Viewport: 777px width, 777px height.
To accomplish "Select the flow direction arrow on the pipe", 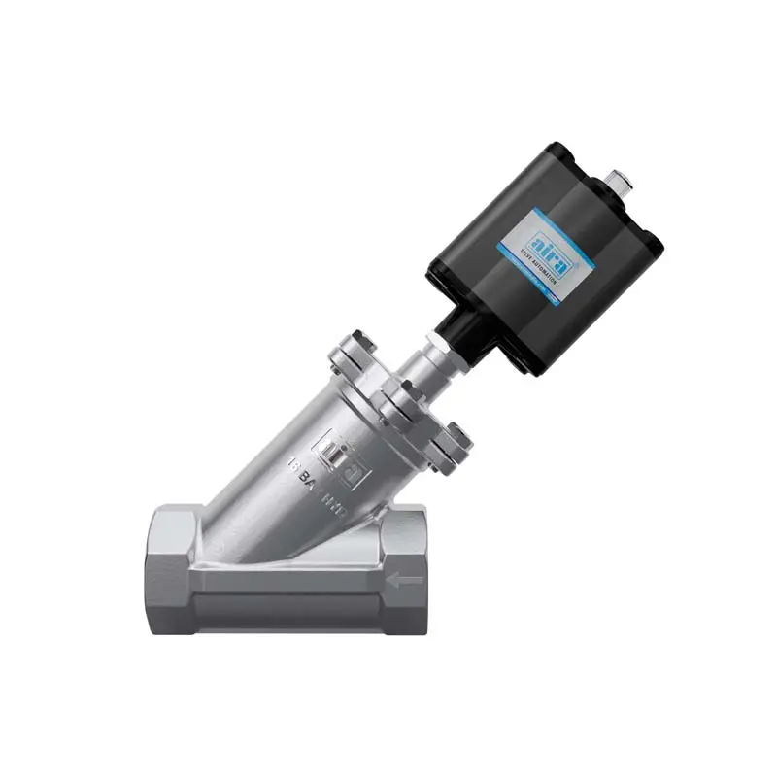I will pos(406,581).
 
